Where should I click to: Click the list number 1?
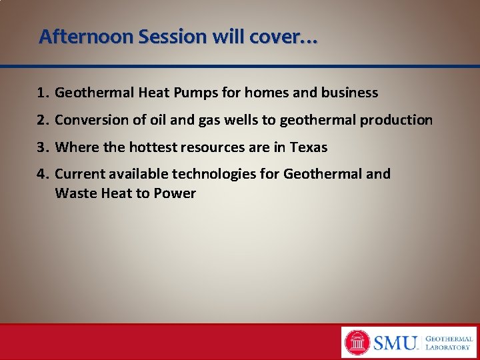(43, 93)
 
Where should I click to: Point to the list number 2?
(43, 120)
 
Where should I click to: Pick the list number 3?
(43, 147)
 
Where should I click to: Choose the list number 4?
(43, 174)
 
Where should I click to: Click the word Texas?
(308, 147)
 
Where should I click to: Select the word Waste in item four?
(74, 193)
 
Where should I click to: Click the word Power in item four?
(175, 193)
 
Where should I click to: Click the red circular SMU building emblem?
(357, 343)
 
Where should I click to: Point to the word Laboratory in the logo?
(449, 347)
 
